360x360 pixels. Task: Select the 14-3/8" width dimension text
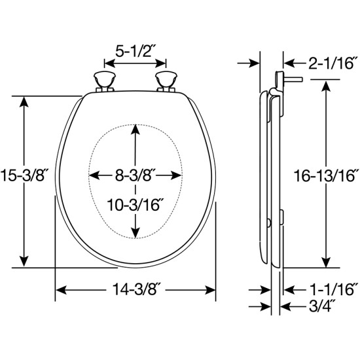(135, 289)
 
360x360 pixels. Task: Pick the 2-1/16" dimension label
(333, 63)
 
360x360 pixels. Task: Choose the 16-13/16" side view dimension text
(326, 176)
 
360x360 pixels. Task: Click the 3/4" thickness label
(321, 306)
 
